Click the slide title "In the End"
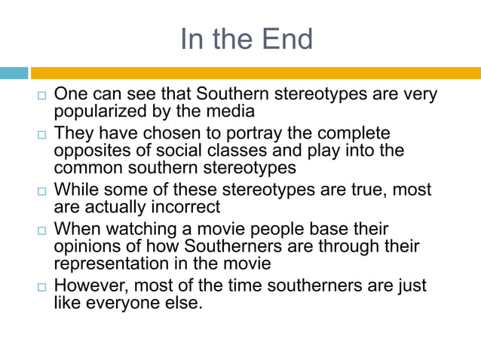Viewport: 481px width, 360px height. point(246,38)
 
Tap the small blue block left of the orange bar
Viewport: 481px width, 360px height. point(14,73)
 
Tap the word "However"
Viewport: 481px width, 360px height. point(91,285)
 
